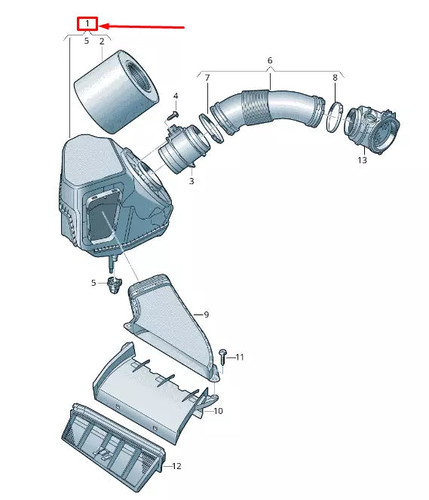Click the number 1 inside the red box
pos(87,23)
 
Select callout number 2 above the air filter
pos(102,41)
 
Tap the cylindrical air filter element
pos(116,91)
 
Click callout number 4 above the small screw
pos(176,96)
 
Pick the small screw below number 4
pos(173,115)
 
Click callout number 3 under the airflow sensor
pos(192,181)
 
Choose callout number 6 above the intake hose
pos(270,60)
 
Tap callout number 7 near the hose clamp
pos(207,78)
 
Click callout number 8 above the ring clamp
pos(335,78)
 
